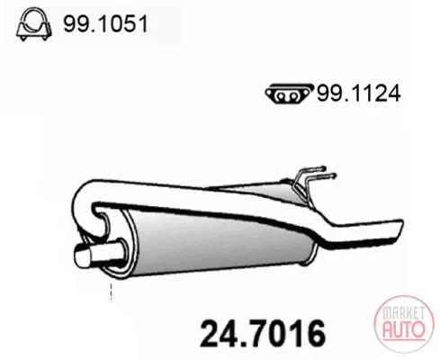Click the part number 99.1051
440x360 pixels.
click(x=105, y=23)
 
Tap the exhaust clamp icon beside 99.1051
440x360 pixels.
click(x=33, y=23)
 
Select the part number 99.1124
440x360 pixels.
click(x=358, y=94)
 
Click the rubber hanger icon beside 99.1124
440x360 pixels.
click(x=289, y=93)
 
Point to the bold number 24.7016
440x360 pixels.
click(x=263, y=334)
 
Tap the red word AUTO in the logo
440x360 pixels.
click(x=404, y=329)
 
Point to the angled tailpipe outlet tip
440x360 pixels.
click(x=397, y=229)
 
